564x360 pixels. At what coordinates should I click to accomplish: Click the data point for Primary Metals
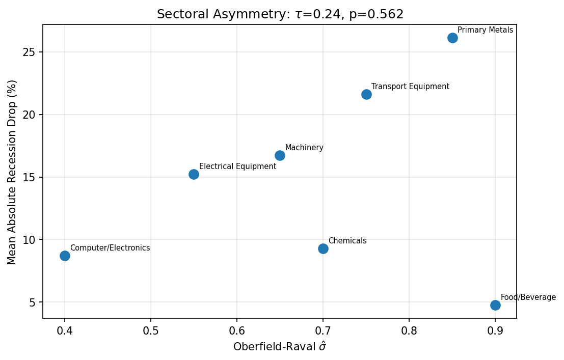click(x=452, y=38)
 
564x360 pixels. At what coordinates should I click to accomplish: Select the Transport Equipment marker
click(x=366, y=94)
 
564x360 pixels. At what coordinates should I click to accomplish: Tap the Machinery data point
click(x=280, y=155)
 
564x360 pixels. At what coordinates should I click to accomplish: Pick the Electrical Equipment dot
click(x=194, y=174)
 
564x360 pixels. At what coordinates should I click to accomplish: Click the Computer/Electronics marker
click(x=65, y=256)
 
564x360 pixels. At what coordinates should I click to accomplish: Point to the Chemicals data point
click(x=323, y=248)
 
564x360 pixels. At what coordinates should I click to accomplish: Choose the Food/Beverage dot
click(x=495, y=305)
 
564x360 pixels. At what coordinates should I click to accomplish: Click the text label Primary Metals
click(x=485, y=30)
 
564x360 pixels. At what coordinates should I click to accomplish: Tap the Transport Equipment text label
click(x=410, y=87)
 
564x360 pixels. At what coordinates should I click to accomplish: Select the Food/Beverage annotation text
click(x=528, y=297)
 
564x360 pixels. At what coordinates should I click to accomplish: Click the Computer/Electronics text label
click(x=110, y=248)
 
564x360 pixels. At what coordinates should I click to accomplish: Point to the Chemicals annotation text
click(x=347, y=241)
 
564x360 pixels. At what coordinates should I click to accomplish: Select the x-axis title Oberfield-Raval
click(x=280, y=347)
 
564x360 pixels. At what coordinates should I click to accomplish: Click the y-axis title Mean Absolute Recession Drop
click(x=12, y=172)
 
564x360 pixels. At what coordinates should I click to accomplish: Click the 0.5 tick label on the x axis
click(x=151, y=331)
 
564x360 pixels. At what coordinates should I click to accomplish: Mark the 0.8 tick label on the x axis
click(x=409, y=331)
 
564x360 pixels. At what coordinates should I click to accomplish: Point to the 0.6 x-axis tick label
click(x=237, y=331)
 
